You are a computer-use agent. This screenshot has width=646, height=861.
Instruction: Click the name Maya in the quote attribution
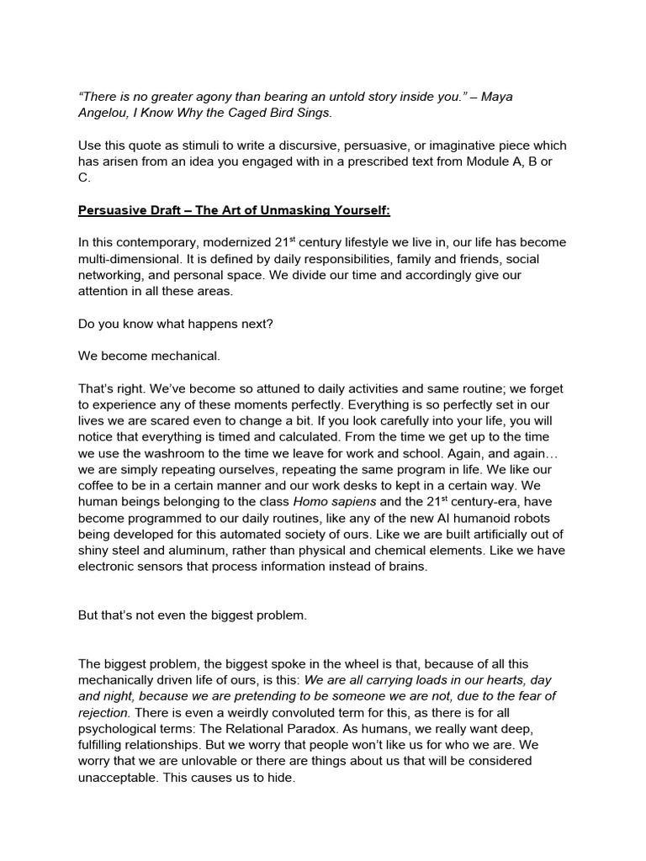(495, 97)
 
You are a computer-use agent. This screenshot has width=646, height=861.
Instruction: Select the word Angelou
(104, 113)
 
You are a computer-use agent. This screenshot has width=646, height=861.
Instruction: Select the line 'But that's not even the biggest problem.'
(193, 615)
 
